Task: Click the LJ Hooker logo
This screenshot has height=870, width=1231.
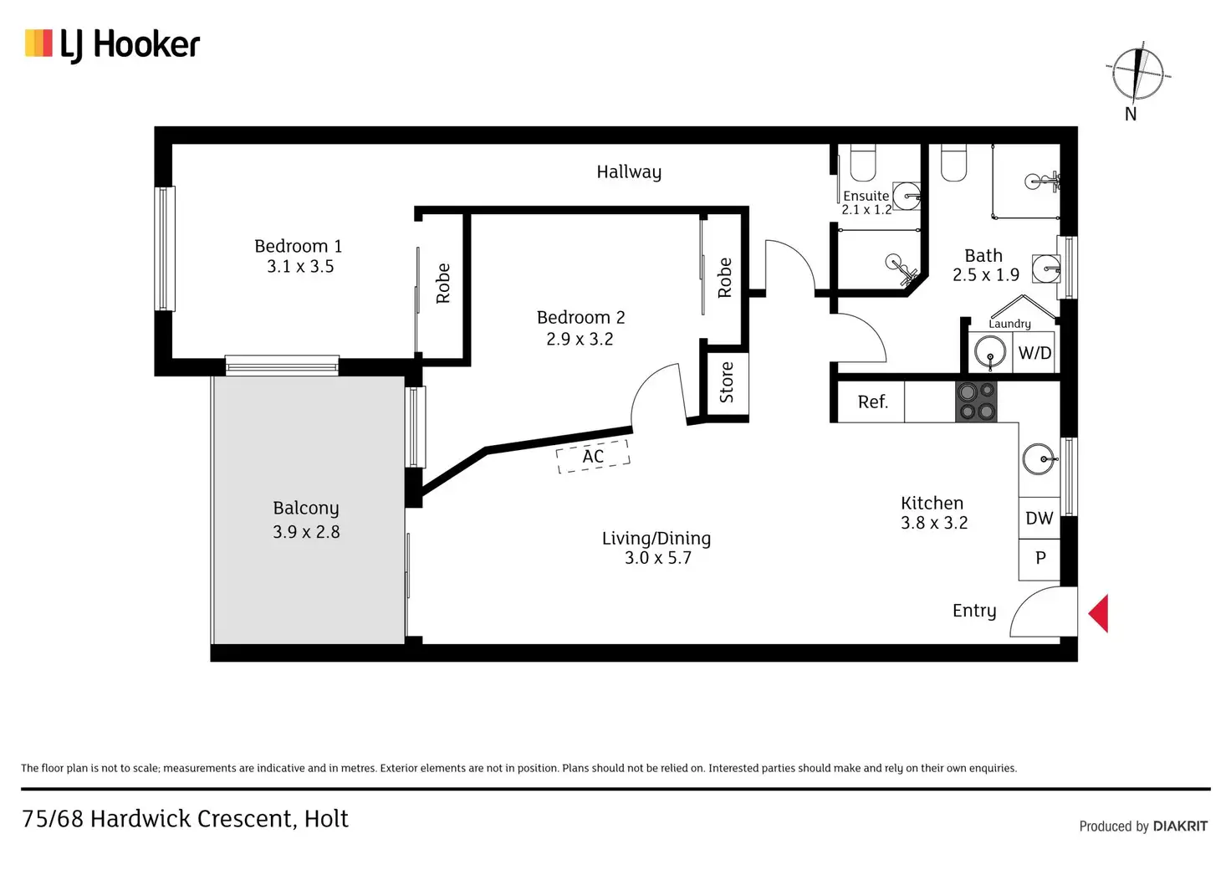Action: [x=113, y=44]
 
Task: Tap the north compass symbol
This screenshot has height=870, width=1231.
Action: [x=1137, y=74]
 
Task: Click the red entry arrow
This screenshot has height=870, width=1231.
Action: [x=1099, y=613]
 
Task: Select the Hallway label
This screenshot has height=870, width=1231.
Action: [x=629, y=172]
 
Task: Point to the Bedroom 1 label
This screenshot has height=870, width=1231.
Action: [x=298, y=246]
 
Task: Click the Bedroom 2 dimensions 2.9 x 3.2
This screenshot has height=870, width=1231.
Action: [x=580, y=339]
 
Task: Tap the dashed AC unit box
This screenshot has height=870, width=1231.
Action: [x=593, y=457]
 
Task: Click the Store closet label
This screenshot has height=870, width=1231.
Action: [x=726, y=382]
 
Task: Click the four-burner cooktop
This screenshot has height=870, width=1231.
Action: [x=976, y=401]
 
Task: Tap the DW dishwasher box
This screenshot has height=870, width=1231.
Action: [x=1039, y=519]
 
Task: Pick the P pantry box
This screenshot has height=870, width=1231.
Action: [x=1039, y=558]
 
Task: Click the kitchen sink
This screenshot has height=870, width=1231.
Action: [x=1039, y=459]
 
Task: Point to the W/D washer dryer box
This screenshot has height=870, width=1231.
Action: [x=1034, y=353]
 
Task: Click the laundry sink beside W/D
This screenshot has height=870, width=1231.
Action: [x=990, y=353]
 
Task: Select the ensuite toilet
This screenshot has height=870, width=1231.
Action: [x=863, y=163]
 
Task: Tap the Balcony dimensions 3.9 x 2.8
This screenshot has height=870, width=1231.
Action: [x=306, y=532]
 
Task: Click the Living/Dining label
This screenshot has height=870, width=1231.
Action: [x=656, y=539]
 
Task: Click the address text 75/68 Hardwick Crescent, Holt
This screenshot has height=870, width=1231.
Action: [x=185, y=819]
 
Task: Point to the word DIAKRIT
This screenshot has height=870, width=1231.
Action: [x=1180, y=826]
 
